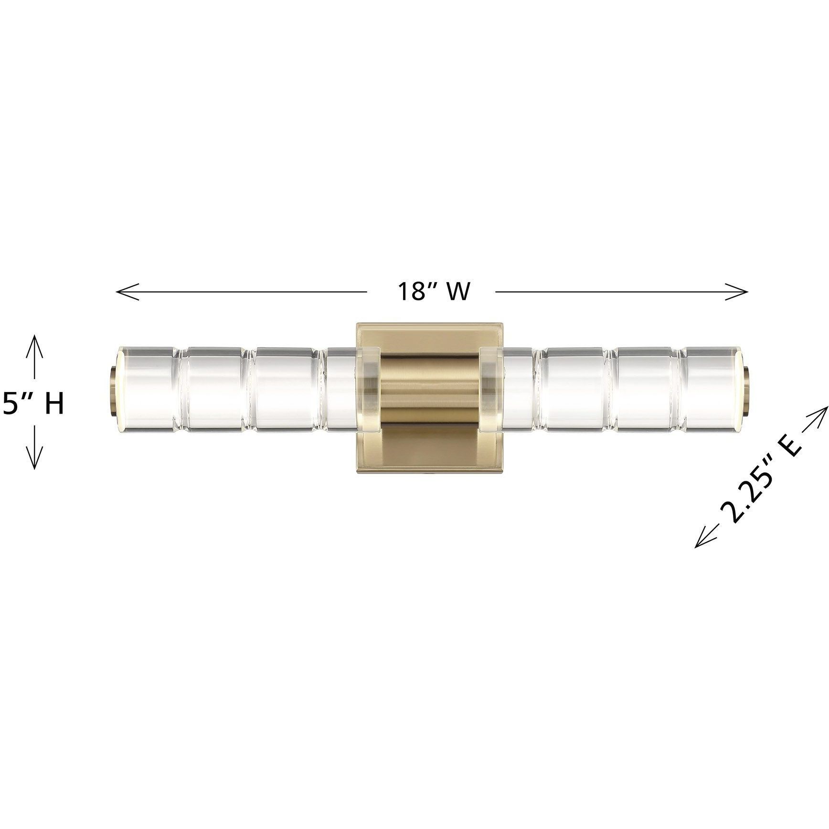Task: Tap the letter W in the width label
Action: pyautogui.click(x=457, y=291)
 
